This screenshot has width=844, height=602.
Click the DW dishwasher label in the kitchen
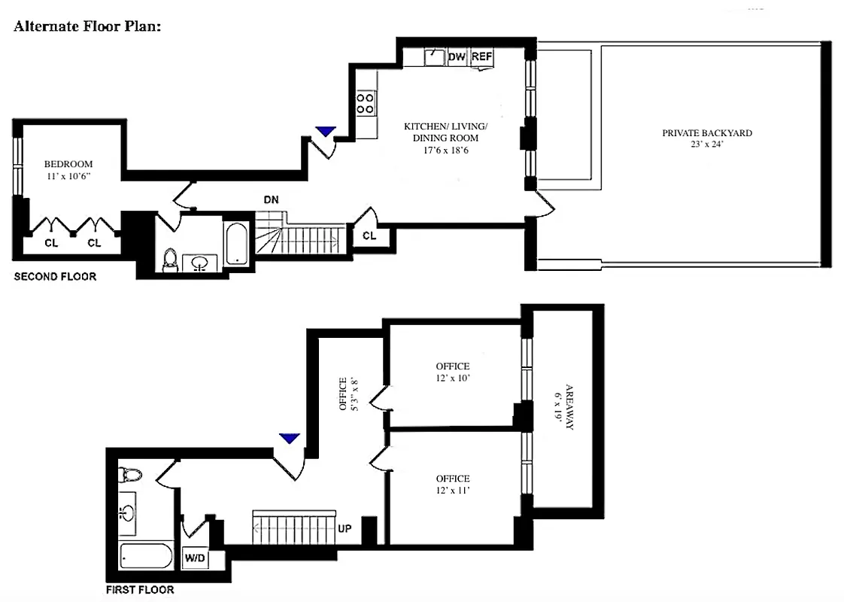tap(457, 56)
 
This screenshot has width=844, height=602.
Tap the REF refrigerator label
tap(481, 56)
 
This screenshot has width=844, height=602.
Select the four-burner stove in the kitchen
tap(366, 102)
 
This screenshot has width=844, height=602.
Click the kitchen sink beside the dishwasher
tap(434, 56)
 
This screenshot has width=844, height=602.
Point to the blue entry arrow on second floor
tap(325, 132)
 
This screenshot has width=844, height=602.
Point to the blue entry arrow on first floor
tap(289, 438)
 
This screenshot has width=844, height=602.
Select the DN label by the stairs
tap(271, 200)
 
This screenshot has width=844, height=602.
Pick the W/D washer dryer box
tap(194, 558)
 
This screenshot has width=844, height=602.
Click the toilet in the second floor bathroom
tap(171, 259)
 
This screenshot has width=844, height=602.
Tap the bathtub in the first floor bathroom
tap(146, 558)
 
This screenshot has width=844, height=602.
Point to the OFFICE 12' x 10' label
tap(451, 372)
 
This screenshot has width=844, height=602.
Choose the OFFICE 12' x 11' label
tap(452, 485)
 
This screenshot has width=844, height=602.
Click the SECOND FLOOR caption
tap(55, 277)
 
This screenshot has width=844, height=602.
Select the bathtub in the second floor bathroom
tap(235, 242)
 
